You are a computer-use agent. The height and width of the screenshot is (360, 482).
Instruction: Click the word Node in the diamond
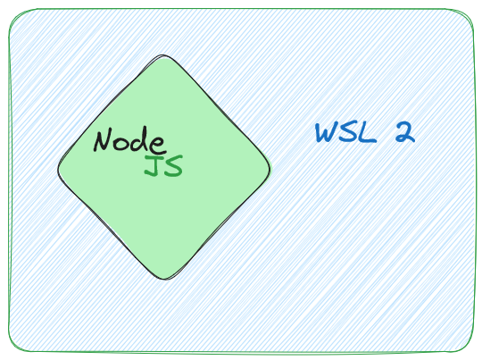pos(129,140)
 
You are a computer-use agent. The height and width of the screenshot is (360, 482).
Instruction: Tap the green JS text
pos(163,166)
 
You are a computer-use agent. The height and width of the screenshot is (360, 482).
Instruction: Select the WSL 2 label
pos(364,133)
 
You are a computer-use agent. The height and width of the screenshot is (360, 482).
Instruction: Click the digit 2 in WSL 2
pos(404,133)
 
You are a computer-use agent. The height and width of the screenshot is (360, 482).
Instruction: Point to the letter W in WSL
pos(327,133)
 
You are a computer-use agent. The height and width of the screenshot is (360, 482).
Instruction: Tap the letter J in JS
pos(153,166)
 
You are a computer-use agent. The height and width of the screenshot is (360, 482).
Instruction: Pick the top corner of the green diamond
pos(163,58)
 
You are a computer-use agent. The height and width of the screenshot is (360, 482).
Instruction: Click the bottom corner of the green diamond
pos(163,278)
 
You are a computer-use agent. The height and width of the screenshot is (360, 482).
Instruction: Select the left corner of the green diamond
pos(59,168)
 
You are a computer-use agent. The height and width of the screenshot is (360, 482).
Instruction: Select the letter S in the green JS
pos(173,166)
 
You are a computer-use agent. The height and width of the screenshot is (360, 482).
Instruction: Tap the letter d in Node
pos(144,139)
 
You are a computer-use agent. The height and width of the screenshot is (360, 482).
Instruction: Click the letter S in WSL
pos(347,133)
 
